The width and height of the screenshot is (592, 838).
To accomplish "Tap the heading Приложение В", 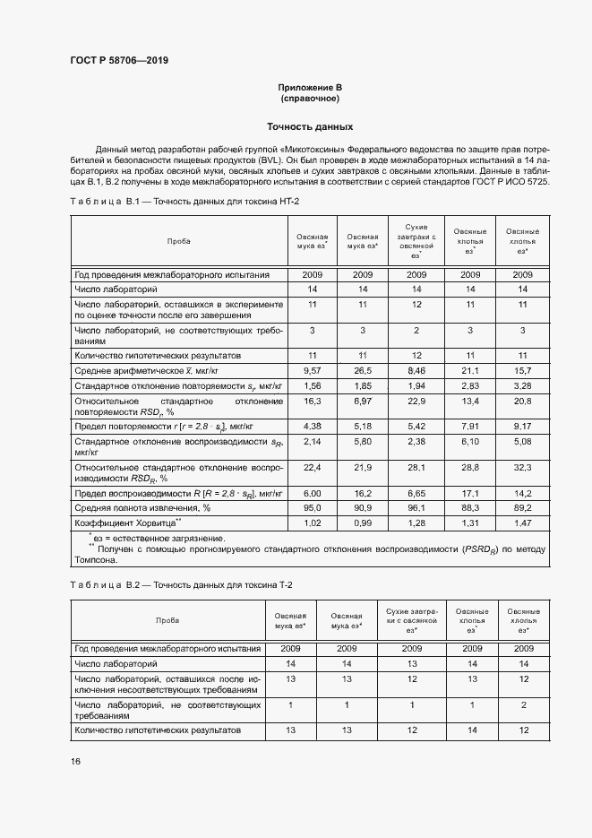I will click(x=310, y=87).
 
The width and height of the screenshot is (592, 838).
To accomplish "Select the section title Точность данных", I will click(x=310, y=127).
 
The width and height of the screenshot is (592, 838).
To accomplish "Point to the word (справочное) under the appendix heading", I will click(x=310, y=98).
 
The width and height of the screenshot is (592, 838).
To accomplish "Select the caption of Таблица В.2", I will click(x=182, y=585).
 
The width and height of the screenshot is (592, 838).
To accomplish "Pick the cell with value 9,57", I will click(x=312, y=369).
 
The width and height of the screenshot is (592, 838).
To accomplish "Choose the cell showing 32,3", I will click(x=521, y=468).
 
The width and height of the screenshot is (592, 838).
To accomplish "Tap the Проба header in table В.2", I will click(x=167, y=620).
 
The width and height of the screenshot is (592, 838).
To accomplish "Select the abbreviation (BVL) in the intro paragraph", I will click(x=242, y=159).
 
